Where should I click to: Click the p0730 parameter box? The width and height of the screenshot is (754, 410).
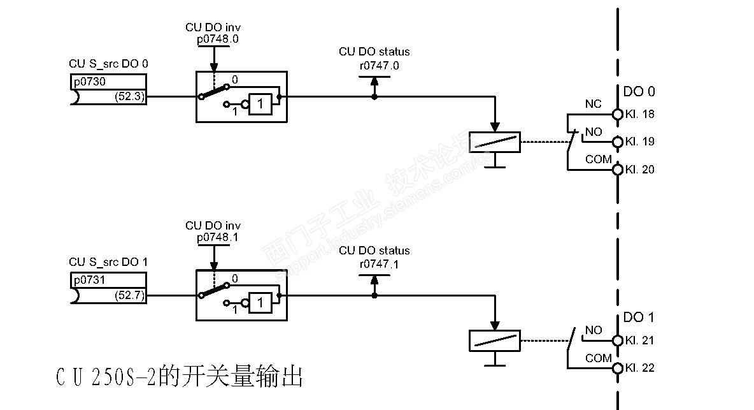(x=108, y=82)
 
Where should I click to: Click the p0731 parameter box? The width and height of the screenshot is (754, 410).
(x=108, y=280)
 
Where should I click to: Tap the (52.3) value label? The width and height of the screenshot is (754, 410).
(x=130, y=97)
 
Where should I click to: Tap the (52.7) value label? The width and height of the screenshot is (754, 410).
(x=130, y=296)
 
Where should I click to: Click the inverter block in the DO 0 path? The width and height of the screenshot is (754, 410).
(x=260, y=103)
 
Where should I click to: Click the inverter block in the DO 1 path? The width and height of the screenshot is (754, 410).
(x=260, y=302)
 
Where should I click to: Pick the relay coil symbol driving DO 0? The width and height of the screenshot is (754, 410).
(x=494, y=142)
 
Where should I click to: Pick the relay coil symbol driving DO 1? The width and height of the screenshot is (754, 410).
(x=494, y=340)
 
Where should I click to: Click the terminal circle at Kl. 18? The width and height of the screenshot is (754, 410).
(x=616, y=114)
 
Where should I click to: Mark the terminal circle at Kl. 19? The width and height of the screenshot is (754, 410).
(x=616, y=142)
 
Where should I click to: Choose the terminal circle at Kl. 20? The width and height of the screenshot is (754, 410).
(x=616, y=170)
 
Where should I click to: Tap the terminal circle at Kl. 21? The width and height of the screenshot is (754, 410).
(x=616, y=340)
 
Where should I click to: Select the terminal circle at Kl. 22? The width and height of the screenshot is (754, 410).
(x=616, y=368)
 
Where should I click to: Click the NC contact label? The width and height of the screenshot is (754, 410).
(x=593, y=104)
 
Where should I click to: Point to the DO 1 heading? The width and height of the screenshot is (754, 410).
(x=638, y=318)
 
